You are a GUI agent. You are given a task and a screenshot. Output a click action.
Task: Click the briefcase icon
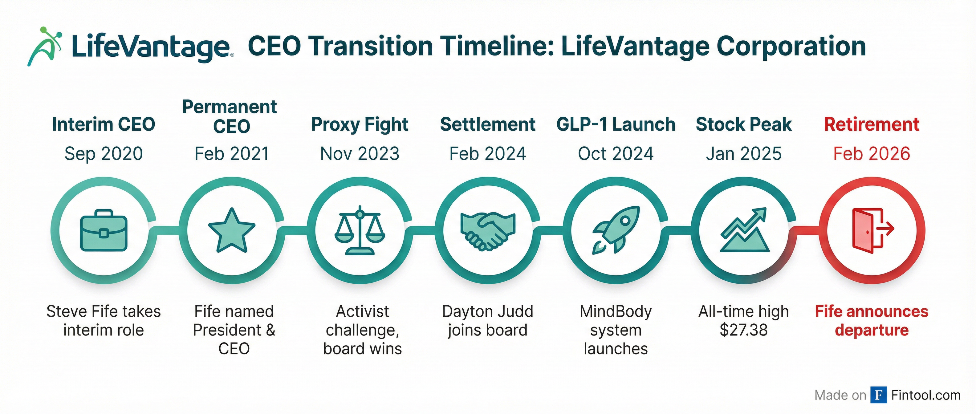point(104,230)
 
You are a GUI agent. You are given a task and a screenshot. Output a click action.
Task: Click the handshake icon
point(488,230)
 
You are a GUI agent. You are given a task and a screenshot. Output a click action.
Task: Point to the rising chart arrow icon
point(744,229)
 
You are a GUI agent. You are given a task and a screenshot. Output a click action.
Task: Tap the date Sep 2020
point(104,154)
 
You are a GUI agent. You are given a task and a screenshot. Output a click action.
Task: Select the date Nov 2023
point(360,154)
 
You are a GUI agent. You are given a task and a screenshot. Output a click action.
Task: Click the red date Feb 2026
point(872,154)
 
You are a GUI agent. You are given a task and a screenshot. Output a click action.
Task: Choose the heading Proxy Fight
point(360,125)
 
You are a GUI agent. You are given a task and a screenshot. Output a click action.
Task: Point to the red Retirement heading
point(872,125)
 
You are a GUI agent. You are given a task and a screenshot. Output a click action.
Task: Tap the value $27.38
point(743,330)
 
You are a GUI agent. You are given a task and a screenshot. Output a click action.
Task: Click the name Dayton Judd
point(488,311)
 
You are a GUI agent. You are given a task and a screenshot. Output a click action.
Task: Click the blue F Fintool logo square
point(879,395)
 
